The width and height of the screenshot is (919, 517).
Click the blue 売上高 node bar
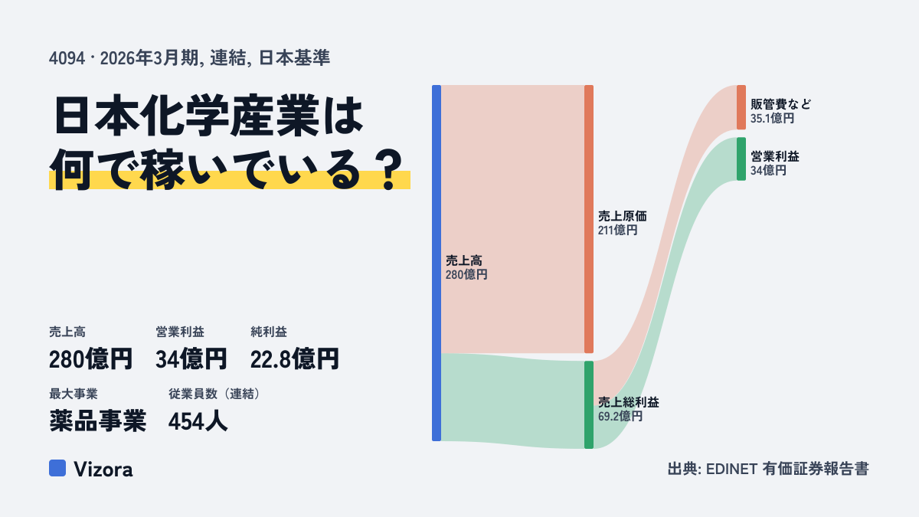[437, 263]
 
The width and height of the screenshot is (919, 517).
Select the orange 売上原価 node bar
[589, 219]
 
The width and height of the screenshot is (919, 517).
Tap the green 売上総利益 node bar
[589, 404]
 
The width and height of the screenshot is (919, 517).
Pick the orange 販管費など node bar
[741, 107]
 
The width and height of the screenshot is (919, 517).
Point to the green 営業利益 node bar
[741, 159]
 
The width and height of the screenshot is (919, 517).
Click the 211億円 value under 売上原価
[617, 231]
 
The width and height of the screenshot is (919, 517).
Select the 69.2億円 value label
[620, 417]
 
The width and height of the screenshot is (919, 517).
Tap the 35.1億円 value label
[773, 118]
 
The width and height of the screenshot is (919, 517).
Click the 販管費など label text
[780, 104]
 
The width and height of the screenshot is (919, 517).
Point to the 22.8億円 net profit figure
[295, 359]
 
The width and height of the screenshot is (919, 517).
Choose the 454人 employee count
[198, 421]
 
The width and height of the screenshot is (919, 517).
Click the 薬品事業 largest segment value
[98, 421]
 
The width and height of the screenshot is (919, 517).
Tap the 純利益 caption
[269, 332]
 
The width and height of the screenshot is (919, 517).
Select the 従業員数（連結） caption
[214, 394]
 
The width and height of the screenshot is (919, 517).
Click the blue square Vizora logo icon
[57, 468]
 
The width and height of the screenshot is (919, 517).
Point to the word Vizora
[103, 469]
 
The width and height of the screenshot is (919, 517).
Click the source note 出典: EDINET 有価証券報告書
[768, 469]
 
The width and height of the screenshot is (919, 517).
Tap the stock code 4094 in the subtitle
[67, 58]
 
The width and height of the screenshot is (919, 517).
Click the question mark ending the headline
[389, 169]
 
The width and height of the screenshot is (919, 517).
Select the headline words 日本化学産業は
[208, 116]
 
